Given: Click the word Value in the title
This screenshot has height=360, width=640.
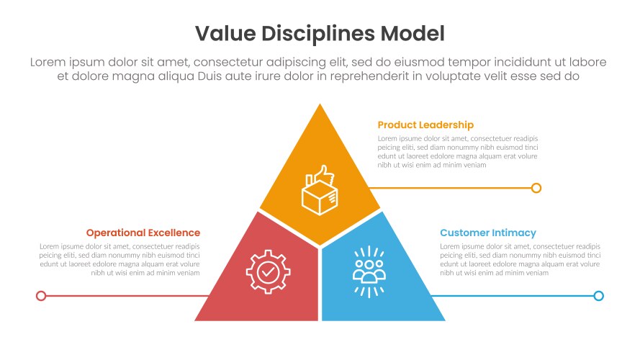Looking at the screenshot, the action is [225, 33].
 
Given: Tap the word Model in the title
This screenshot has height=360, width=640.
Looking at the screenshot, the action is [413, 33].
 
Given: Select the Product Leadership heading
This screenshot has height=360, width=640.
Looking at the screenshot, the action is [425, 125].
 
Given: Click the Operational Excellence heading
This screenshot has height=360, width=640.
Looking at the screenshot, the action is [143, 233].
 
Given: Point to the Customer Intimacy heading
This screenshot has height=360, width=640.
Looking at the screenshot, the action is [488, 233].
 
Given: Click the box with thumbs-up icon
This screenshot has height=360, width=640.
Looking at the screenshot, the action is [320, 190].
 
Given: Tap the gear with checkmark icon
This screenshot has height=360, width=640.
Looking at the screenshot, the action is [268, 272].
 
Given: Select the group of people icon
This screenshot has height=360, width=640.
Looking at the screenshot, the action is [369, 271].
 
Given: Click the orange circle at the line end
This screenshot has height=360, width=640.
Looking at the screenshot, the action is [536, 188].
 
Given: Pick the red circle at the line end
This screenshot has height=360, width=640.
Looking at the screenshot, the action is [41, 296].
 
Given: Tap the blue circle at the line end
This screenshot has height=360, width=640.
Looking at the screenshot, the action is [598, 296].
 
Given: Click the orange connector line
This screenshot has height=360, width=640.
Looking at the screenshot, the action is [450, 188].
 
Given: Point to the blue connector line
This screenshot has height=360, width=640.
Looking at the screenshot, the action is [513, 296].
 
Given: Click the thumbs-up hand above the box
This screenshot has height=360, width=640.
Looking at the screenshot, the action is [324, 175].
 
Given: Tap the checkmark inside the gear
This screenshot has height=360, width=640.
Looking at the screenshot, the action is [268, 271].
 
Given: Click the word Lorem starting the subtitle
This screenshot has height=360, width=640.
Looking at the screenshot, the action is [48, 62].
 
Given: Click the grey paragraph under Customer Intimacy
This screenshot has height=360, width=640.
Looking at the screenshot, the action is [520, 260].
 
